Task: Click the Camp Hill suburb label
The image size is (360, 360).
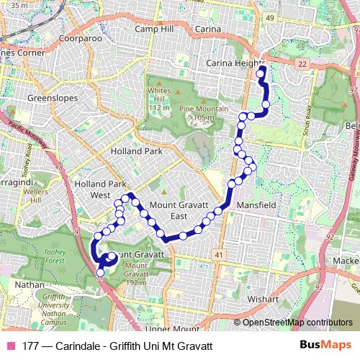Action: click(x=155, y=29)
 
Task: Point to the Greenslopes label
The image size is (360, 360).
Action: click(x=51, y=95)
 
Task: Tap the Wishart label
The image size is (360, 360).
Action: click(x=263, y=298)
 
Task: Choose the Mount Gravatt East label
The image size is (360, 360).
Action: click(x=177, y=210)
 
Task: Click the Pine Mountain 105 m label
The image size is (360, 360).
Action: click(x=197, y=112)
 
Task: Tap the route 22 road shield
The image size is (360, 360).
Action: click(x=303, y=65)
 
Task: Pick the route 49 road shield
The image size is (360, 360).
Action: click(x=270, y=17)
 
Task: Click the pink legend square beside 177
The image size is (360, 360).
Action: click(x=9, y=346)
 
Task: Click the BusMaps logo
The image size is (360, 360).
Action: click(x=326, y=345)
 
